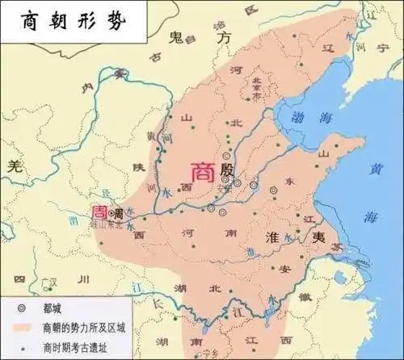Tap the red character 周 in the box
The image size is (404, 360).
[98, 211]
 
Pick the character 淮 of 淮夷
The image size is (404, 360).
[274, 234]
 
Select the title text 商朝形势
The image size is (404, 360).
[62, 19]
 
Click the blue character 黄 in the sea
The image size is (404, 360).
[376, 170]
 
